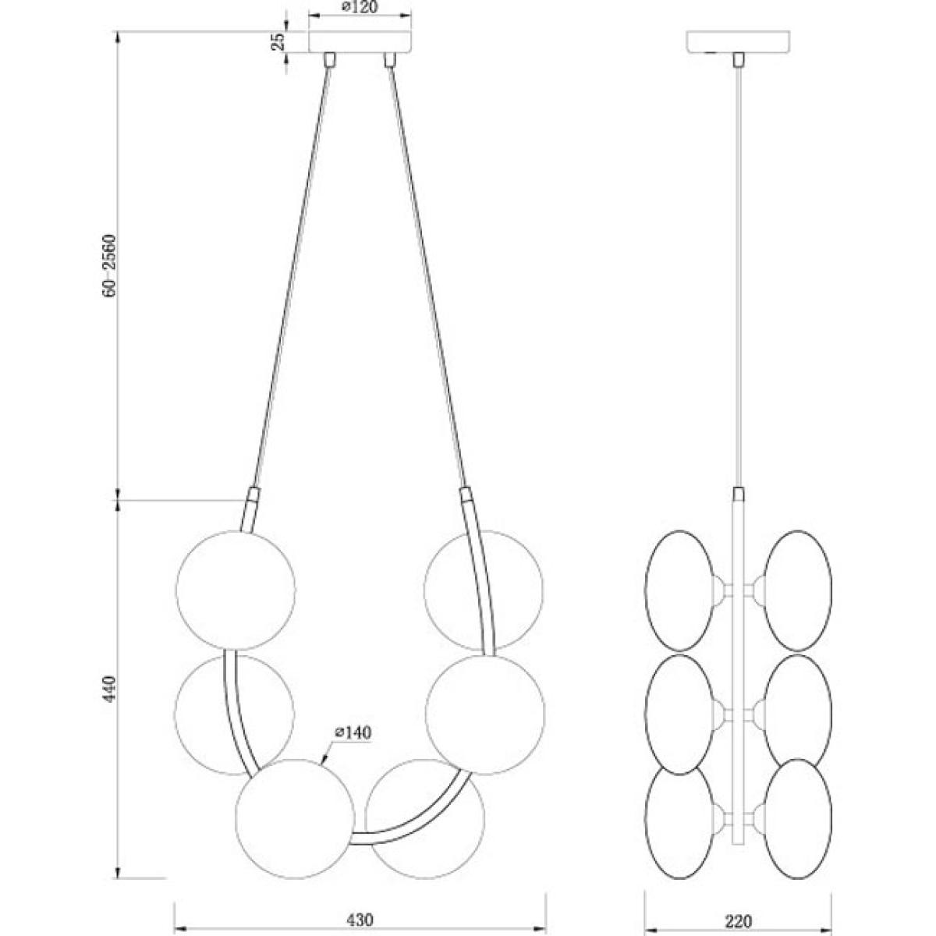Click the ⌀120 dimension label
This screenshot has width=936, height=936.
360,6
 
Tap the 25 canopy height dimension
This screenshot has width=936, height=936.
278,42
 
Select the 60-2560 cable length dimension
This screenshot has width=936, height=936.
108,265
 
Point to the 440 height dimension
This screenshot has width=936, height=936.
110,688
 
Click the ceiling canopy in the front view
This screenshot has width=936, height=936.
360,42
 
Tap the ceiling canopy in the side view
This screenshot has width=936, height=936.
738,42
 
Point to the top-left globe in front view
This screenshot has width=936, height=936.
236,590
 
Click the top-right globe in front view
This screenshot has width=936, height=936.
484,590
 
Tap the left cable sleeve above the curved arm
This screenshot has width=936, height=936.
253,496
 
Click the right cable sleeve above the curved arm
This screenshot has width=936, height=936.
466,496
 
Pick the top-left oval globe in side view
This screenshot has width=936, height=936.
679,590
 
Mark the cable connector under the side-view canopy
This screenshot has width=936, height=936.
739,60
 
